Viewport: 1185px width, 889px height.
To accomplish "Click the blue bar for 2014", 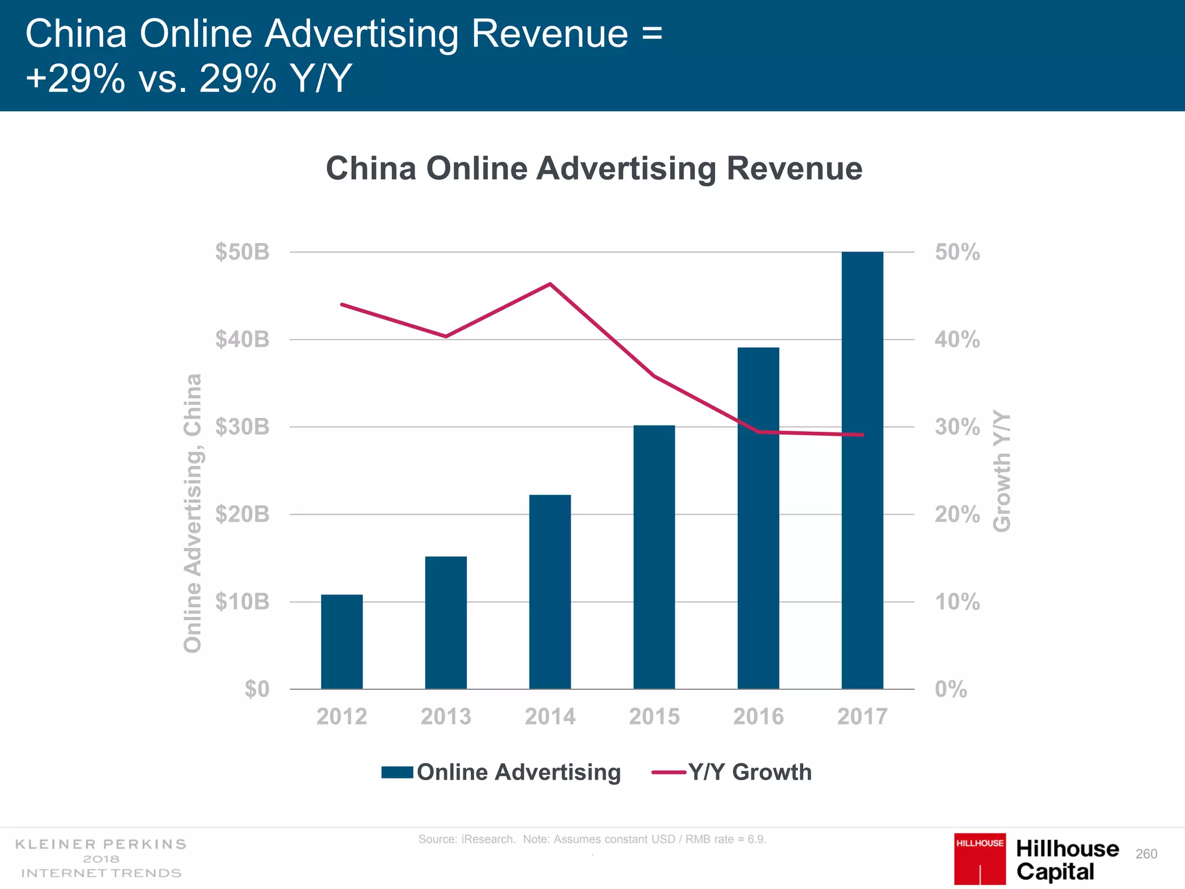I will tap(550, 592).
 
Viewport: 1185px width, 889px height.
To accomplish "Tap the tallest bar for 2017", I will tap(862, 470).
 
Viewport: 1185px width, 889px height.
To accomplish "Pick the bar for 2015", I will tap(654, 557).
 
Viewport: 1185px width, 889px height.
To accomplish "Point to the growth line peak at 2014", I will tap(550, 284).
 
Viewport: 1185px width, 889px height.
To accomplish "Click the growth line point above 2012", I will tap(342, 304).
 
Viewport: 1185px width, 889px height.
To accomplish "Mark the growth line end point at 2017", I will tap(863, 435).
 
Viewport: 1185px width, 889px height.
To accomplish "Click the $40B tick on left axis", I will tap(242, 339).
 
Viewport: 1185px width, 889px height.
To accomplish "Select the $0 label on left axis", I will tap(256, 689).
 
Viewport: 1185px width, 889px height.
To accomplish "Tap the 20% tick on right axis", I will tap(957, 514).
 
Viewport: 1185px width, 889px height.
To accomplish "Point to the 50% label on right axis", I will tap(957, 252).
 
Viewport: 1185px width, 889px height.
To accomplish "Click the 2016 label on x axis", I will tap(758, 717).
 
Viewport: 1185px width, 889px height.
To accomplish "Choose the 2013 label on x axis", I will tap(446, 717).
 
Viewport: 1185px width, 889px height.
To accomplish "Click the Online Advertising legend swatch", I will tap(397, 772).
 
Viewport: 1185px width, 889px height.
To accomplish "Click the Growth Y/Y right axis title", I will tap(1002, 471).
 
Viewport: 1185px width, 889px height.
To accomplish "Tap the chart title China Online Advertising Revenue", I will tap(594, 168).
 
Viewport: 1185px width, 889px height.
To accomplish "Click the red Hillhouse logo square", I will tap(980, 858).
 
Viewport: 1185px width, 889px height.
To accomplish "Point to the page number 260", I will tap(1146, 854).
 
